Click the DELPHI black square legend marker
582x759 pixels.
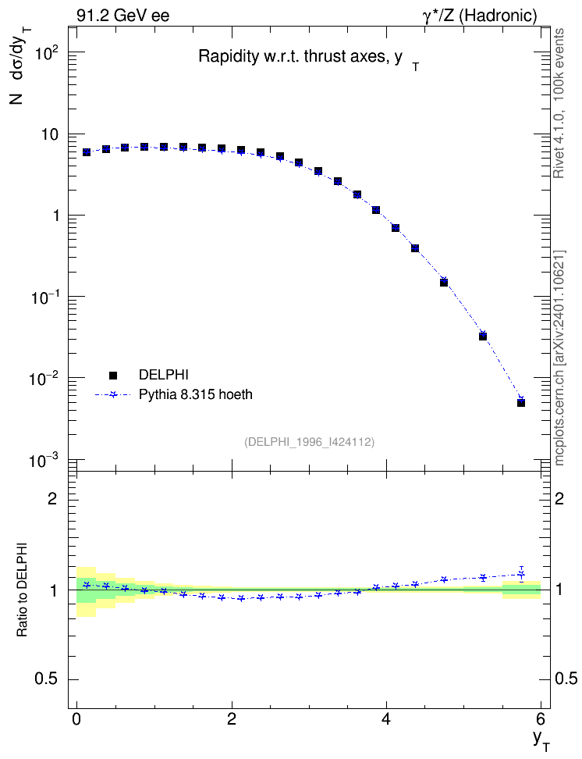113,375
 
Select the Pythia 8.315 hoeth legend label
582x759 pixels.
196,394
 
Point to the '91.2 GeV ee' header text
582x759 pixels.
123,16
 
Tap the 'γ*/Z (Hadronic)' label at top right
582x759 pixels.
480,16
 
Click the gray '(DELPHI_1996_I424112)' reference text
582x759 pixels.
310,442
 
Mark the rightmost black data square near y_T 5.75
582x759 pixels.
521,403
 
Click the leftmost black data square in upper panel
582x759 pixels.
87,152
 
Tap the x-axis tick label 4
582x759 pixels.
386,718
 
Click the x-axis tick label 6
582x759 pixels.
541,718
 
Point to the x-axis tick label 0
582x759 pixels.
76,718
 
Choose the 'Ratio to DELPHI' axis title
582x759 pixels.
22,590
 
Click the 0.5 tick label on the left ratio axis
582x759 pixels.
47,679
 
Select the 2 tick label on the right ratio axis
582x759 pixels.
559,498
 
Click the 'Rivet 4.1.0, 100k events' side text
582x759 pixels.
559,103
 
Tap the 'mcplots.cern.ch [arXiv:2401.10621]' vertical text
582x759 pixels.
559,358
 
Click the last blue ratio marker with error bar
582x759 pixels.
521,575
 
